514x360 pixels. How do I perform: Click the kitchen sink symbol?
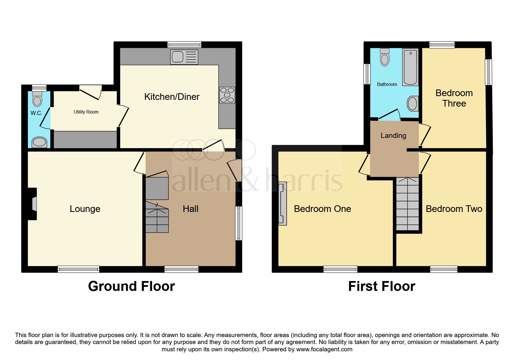click(185, 57)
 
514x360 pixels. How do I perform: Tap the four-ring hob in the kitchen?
click(227, 95)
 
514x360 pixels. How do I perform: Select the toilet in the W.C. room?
click(37, 99)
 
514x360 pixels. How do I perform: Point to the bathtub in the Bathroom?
click(410, 67)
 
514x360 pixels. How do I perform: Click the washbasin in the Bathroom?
click(412, 104)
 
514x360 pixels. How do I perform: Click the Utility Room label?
click(86, 112)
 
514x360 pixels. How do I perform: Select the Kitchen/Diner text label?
click(172, 97)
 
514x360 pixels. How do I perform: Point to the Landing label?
click(393, 135)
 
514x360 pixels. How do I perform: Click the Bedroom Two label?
click(454, 209)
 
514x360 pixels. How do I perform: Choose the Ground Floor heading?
click(131, 286)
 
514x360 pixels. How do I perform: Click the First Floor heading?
click(382, 286)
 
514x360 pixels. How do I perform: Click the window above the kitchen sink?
click(184, 45)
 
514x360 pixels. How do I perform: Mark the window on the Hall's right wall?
click(238, 223)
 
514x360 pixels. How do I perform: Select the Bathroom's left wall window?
click(367, 74)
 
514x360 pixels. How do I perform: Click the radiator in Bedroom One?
click(282, 204)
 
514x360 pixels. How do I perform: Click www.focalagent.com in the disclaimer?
click(324, 349)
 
